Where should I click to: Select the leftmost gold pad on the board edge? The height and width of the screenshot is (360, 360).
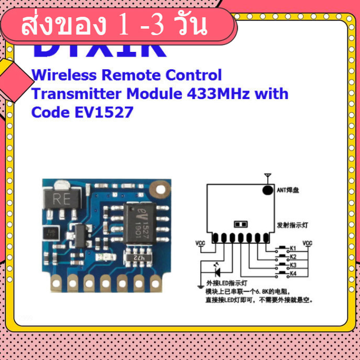pyautogui.click(x=55, y=282)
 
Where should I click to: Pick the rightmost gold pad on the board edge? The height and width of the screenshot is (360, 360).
pyautogui.click(x=156, y=282)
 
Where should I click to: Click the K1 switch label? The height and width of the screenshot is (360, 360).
pyautogui.click(x=293, y=248)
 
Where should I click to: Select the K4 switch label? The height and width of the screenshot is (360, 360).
pyautogui.click(x=293, y=274)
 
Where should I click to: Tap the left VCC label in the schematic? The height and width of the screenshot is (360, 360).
pyautogui.click(x=200, y=243)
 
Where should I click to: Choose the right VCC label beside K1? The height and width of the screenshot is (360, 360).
pyautogui.click(x=308, y=243)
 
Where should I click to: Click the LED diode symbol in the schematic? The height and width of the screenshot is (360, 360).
pyautogui.click(x=217, y=272)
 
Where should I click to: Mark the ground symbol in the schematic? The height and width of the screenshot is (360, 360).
pyautogui.click(x=200, y=286)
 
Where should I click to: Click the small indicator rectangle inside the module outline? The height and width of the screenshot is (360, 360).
pyautogui.click(x=241, y=224)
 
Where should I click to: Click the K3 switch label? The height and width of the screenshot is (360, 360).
pyautogui.click(x=293, y=265)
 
